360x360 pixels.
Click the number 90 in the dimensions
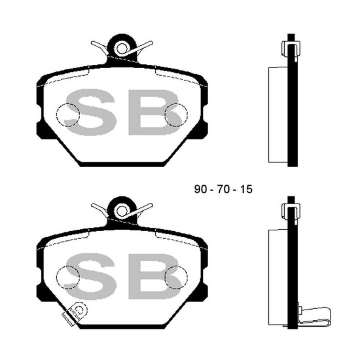200,189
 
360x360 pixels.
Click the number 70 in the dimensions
224,189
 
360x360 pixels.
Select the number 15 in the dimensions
246,189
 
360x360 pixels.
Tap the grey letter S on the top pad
90,112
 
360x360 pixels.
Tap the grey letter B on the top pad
154,112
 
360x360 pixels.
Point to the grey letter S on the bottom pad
90,276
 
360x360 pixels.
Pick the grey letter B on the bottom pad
154,276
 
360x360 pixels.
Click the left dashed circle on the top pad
68,104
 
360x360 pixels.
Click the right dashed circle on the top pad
176,104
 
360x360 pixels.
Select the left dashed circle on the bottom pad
68,266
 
